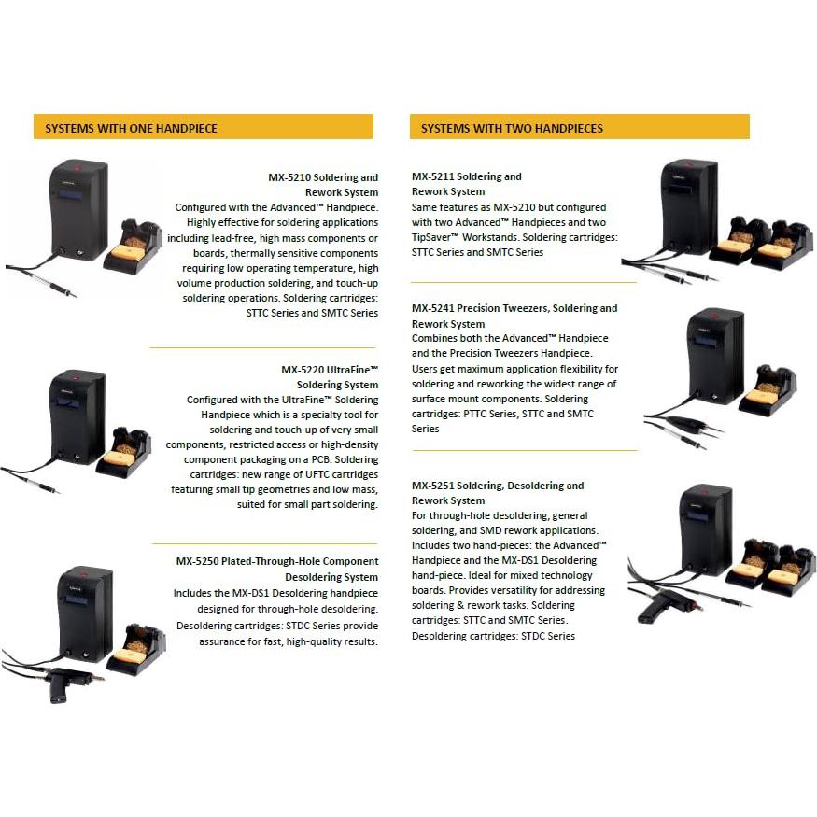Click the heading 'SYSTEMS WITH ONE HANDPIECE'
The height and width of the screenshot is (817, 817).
click(131, 128)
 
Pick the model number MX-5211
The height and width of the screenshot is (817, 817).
click(433, 176)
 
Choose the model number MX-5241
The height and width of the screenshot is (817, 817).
click(433, 308)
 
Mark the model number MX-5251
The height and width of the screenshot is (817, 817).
click(433, 486)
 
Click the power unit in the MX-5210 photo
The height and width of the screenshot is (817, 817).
click(78, 210)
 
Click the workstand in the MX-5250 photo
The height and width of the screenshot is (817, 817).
click(135, 650)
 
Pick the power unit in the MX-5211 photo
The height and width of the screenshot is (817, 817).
click(688, 207)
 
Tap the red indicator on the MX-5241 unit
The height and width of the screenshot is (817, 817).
click(716, 317)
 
